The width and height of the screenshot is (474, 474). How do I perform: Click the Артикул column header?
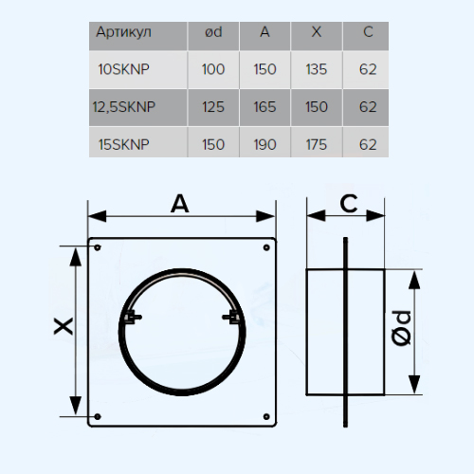click(123, 32)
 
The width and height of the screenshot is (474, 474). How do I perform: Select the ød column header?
click(213, 32)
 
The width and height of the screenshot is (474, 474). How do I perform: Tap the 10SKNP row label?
click(123, 69)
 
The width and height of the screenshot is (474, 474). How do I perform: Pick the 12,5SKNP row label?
click(124, 107)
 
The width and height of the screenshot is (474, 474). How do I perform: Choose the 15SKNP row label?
click(123, 145)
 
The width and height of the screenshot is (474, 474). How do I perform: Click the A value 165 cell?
click(264, 107)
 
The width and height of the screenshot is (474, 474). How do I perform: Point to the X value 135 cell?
click(317, 69)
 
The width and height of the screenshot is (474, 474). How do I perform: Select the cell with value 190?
click(264, 145)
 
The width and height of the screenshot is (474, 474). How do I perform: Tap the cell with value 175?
click(317, 145)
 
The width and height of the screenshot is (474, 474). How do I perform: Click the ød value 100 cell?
click(213, 69)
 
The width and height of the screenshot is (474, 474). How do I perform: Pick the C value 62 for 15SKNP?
click(368, 145)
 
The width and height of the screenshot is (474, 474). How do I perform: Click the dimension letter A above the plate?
click(180, 204)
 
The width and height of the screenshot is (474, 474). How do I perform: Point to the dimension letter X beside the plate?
click(64, 326)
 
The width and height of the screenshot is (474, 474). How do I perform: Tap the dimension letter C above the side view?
click(349, 204)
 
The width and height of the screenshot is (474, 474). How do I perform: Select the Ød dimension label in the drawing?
click(401, 328)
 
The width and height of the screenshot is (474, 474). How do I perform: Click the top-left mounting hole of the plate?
click(98, 247)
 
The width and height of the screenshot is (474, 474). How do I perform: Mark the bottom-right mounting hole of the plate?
click(266, 417)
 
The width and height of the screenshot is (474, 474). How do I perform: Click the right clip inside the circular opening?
click(231, 317)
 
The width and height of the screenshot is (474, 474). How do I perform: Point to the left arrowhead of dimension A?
click(97, 216)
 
